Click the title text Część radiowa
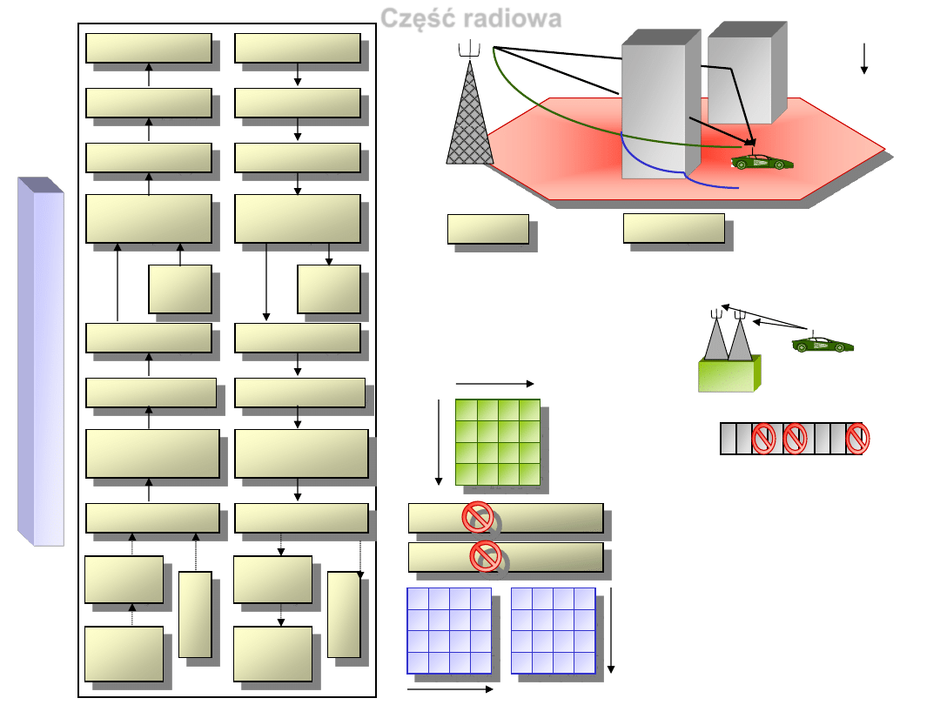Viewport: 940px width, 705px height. [x=471, y=18]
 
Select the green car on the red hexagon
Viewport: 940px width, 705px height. [x=762, y=162]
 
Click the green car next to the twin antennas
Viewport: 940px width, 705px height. [x=823, y=345]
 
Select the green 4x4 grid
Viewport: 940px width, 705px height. [x=498, y=442]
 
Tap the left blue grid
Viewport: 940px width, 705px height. [x=449, y=630]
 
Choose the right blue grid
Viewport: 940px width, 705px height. [x=553, y=630]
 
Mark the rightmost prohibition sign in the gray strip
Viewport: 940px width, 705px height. [x=858, y=439]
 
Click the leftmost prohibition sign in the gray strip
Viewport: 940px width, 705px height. [x=763, y=439]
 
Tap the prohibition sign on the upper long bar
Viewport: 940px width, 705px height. [x=478, y=518]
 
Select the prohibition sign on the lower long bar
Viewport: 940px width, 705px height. [x=485, y=555]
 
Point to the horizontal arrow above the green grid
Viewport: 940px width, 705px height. [x=493, y=383]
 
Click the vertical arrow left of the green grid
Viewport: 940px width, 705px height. [x=439, y=442]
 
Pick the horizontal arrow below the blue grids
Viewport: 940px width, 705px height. [x=450, y=688]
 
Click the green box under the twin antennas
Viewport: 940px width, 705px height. [x=728, y=373]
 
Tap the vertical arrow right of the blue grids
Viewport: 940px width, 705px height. [x=611, y=630]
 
